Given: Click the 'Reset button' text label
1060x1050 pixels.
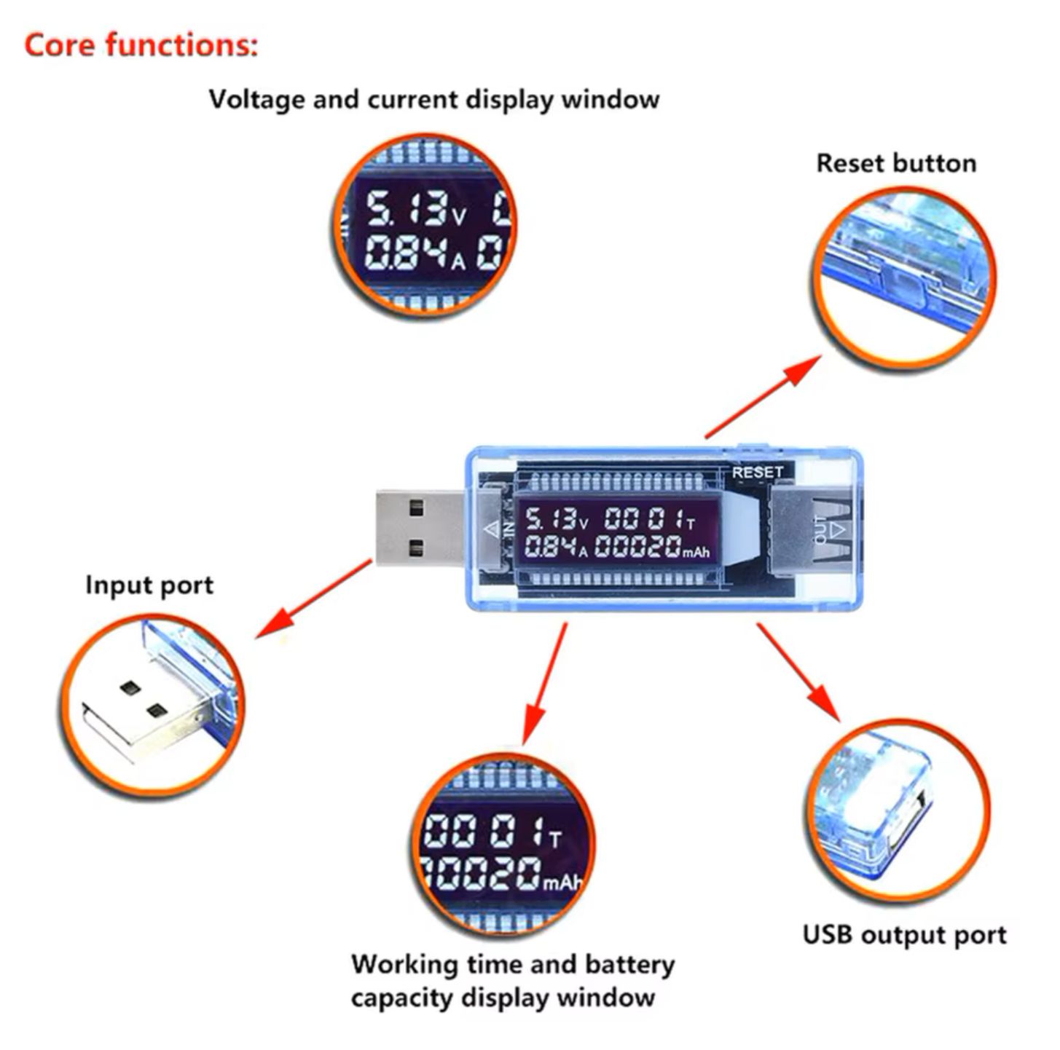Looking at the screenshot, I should pos(895,163).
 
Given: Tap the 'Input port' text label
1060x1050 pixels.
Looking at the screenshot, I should pos(149,585).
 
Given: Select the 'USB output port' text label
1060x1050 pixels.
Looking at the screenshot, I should pos(904,935).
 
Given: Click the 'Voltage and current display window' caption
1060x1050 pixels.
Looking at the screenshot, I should pos(434,99).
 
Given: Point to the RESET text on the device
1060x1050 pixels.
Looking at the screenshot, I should pos(757,473).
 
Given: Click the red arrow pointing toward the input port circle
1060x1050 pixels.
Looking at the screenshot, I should pos(313,599).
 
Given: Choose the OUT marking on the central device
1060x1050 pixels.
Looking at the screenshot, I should pos(821,530).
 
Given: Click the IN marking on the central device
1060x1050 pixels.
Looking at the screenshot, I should pos(508,529).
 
